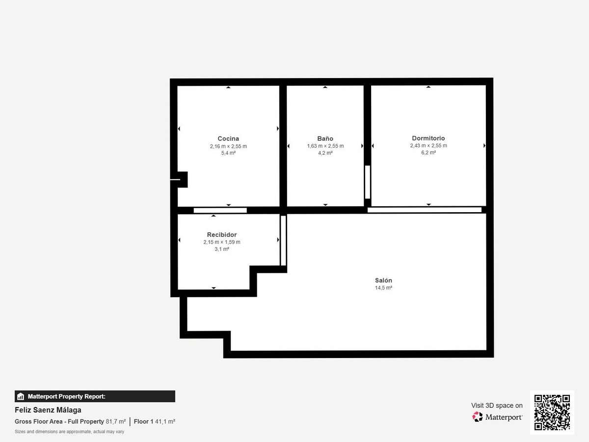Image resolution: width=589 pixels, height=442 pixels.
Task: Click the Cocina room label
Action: click(228, 138)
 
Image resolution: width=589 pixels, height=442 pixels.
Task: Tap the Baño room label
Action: click(325, 138)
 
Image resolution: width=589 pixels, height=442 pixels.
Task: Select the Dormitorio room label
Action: click(428, 138)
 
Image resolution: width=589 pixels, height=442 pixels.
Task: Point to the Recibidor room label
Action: click(222, 235)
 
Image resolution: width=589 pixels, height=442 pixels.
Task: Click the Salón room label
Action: click(383, 280)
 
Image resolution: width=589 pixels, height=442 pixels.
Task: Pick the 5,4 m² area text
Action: click(228, 153)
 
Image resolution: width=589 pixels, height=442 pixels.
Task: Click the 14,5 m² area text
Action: click(383, 288)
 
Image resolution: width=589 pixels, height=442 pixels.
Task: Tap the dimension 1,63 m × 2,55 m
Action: click(325, 146)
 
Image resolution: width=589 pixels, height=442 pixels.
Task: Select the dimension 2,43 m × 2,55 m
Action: click(428, 145)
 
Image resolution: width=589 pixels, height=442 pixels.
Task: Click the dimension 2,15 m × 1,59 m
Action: click(222, 242)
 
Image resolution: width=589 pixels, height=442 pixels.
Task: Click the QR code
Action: click(552, 412)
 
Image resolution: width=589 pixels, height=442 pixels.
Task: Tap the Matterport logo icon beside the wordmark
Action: click(478, 417)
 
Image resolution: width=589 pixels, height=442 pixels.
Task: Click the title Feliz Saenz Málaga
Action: click(48, 410)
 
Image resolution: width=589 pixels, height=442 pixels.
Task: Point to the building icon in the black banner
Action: click(21, 396)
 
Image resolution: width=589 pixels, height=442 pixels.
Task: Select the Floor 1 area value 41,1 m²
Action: click(165, 421)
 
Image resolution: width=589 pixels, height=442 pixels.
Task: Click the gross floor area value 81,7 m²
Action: click(116, 421)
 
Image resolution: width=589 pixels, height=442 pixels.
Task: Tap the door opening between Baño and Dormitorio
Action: click(367, 182)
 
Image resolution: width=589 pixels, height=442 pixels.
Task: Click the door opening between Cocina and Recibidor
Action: click(220, 210)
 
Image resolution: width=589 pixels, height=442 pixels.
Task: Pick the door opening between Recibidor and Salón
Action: click(283, 241)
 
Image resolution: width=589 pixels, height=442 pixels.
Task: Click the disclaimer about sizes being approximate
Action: click(70, 432)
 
